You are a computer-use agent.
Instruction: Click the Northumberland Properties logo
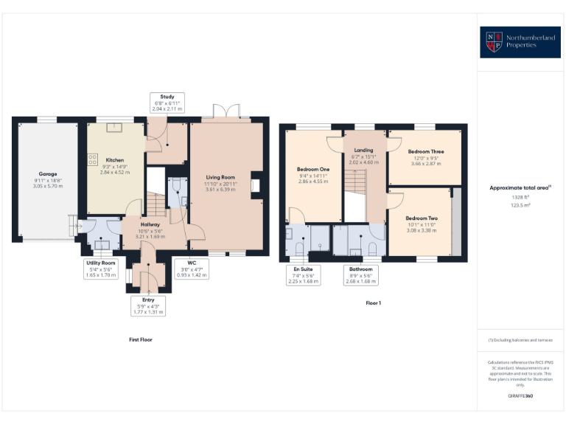pos(519,42)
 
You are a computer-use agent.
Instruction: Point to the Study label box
pos(166,103)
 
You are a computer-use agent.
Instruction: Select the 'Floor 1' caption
pos(373,303)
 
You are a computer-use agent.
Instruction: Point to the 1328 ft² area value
pos(520,198)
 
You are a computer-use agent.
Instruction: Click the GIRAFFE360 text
pos(520,396)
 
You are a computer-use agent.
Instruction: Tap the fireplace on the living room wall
pos(256,184)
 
